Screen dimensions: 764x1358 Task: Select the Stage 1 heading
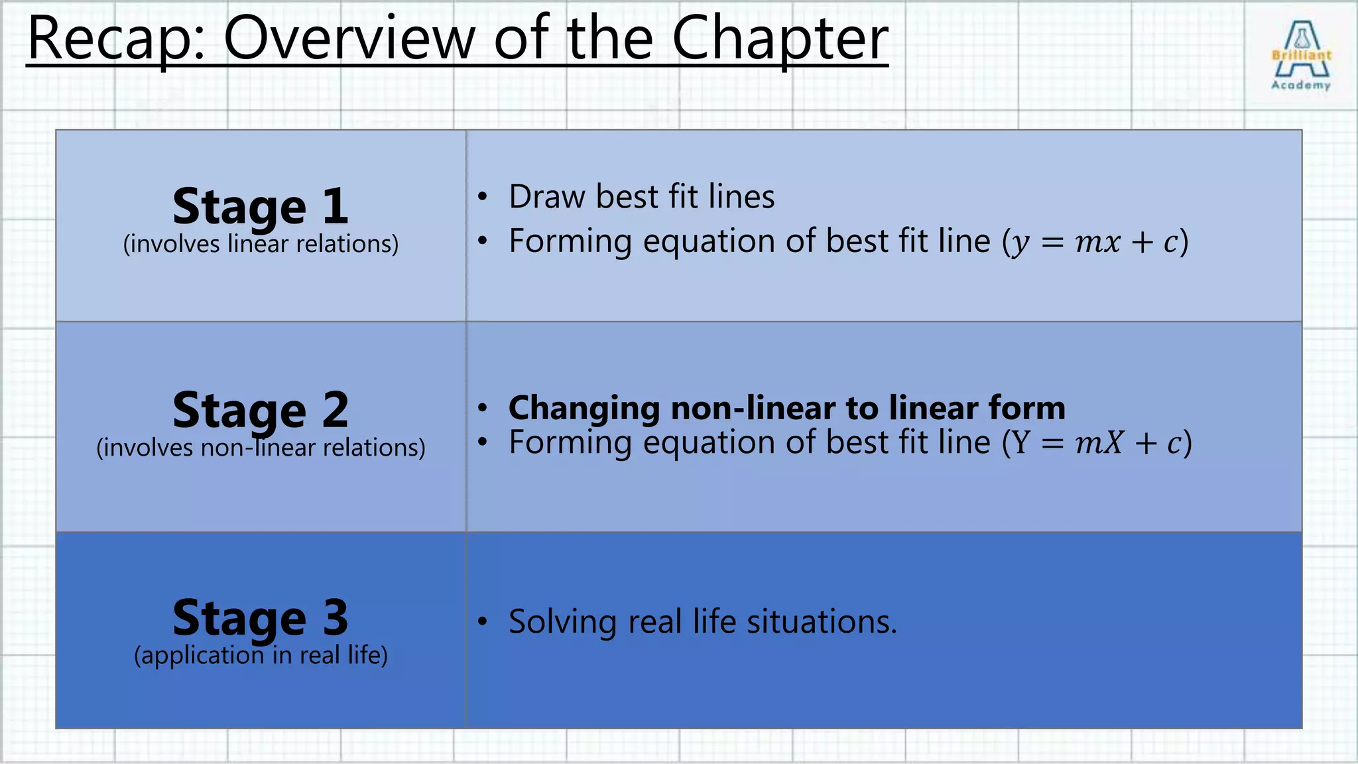tap(261, 206)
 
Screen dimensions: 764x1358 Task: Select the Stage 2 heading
tap(261, 410)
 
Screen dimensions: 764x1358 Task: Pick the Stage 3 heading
tap(261, 617)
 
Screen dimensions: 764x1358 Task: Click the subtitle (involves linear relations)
tap(261, 244)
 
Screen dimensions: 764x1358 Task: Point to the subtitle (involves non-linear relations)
tap(261, 448)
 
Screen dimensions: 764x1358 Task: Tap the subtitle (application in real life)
tap(261, 655)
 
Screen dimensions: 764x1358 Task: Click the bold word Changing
tap(584, 409)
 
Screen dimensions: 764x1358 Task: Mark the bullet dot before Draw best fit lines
tap(483, 197)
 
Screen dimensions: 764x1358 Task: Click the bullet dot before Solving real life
tap(483, 621)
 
